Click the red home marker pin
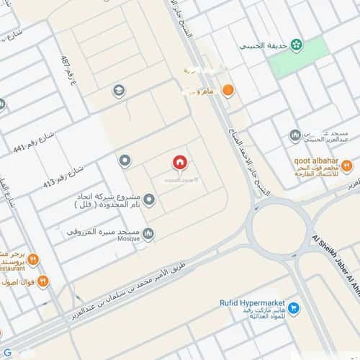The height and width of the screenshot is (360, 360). click(179, 163)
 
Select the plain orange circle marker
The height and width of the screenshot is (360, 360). click(228, 91)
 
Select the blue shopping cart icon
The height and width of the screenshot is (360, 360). click(294, 308)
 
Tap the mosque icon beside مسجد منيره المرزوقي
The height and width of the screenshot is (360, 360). click(148, 233)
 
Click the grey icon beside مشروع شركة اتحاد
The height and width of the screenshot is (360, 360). click(149, 199)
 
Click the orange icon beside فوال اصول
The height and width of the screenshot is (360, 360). click(43, 281)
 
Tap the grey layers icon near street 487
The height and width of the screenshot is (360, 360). click(119, 91)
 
